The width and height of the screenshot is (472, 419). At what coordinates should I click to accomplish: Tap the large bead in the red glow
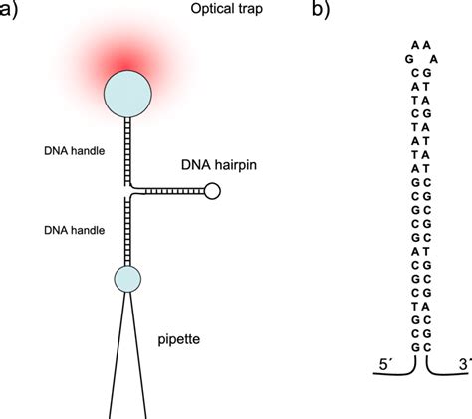127,92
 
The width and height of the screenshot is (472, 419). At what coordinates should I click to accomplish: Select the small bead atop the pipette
127,279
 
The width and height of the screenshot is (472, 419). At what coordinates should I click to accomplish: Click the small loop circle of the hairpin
212,188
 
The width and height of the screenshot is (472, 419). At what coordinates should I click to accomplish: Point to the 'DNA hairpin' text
218,162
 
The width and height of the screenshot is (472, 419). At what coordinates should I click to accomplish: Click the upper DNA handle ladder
127,149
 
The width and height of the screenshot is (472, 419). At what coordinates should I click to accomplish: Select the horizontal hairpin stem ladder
167,188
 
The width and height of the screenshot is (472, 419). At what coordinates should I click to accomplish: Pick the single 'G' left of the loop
408,59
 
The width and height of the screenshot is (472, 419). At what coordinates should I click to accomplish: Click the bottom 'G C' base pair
419,345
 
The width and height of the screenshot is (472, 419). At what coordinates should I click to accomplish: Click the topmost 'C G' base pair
419,73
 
